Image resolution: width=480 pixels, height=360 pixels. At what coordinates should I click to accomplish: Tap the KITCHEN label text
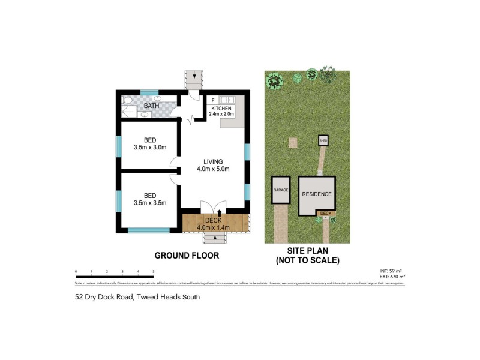[221, 108]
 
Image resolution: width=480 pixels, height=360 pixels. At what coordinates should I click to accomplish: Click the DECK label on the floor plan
[214, 220]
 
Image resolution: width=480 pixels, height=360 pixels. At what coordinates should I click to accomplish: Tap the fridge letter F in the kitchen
[214, 100]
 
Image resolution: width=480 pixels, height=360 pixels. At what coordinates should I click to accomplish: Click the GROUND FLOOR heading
[187, 255]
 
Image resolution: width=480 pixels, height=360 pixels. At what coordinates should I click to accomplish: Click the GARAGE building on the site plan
[281, 190]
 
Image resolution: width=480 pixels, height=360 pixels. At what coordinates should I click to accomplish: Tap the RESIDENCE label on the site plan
[316, 194]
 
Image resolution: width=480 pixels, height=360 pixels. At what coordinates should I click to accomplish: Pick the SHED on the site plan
[323, 141]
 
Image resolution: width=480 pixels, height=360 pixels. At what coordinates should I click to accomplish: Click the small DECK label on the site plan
[326, 214]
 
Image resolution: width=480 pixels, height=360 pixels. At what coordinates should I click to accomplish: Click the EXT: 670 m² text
[393, 277]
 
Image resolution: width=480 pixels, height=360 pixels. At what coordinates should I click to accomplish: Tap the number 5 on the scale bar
[154, 272]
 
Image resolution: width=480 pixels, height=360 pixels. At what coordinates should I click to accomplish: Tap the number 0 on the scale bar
[76, 272]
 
